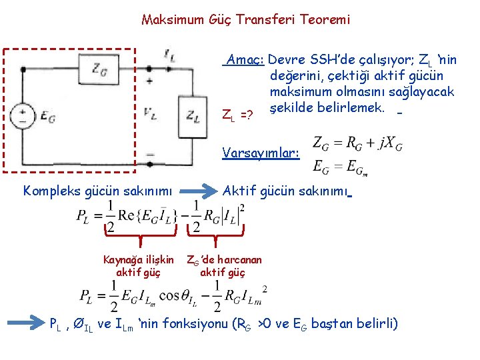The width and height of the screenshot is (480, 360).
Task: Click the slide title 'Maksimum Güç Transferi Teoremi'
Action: [x=245, y=19]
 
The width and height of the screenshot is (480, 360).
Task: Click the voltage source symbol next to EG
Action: [x=23, y=115]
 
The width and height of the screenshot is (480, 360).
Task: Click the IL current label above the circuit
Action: [x=169, y=57]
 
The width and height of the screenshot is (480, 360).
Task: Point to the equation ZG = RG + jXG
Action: [x=357, y=143]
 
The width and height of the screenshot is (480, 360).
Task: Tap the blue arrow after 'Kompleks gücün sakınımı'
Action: [x=199, y=191]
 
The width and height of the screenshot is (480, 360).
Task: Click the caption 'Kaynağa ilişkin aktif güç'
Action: [x=138, y=265]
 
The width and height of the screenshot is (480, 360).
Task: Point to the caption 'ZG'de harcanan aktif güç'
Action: [x=223, y=265]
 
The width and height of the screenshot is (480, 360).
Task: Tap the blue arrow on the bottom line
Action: [x=26, y=325]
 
